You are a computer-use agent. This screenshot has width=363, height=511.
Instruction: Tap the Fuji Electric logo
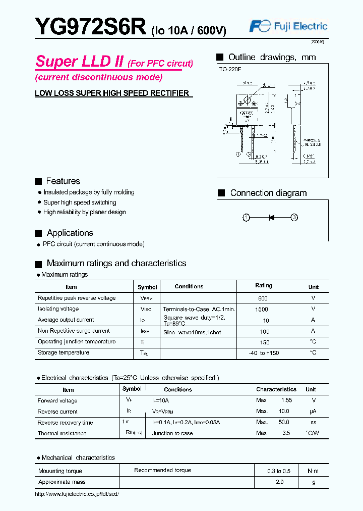[288, 27]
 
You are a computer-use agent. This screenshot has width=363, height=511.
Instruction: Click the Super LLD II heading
[80, 62]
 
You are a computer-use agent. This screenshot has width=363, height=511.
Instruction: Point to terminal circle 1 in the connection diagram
[246, 218]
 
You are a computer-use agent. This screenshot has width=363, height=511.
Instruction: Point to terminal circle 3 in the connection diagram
[294, 218]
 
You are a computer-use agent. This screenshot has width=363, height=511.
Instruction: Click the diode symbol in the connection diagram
[271, 218]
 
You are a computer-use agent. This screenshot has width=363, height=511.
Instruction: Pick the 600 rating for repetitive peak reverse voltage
[262, 298]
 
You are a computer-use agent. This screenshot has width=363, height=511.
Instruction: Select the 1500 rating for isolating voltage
[262, 310]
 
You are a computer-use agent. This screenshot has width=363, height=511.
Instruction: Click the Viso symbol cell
[146, 309]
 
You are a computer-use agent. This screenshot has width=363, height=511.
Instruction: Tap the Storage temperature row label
[64, 352]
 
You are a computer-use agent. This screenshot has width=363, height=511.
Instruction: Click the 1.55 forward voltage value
[286, 400]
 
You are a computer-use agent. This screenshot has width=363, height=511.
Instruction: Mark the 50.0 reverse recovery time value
[284, 422]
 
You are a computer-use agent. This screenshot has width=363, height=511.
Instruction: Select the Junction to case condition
[172, 433]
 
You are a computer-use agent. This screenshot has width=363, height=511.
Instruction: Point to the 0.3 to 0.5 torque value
[279, 471]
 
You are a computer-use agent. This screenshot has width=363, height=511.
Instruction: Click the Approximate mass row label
[62, 482]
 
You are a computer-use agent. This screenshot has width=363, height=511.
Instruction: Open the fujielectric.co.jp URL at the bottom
[77, 494]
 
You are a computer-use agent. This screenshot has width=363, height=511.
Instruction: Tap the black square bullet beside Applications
[38, 233]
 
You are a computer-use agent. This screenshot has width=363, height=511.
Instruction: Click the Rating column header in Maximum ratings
[264, 286]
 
